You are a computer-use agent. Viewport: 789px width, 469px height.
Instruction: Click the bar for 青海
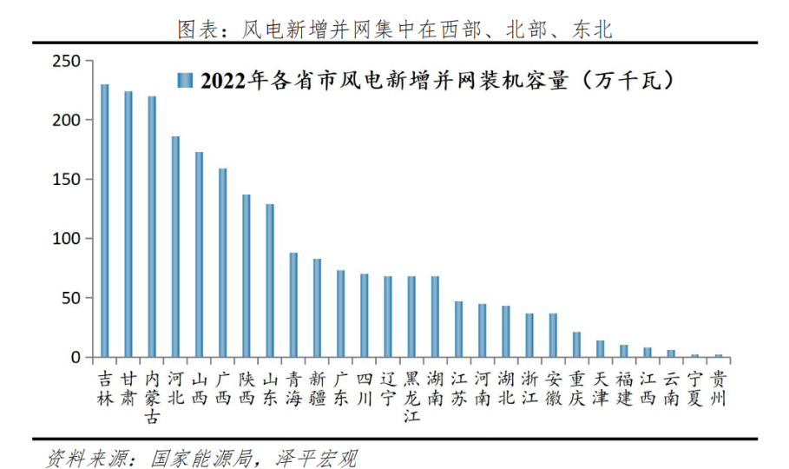click(293, 305)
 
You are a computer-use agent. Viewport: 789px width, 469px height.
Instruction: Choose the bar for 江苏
click(458, 329)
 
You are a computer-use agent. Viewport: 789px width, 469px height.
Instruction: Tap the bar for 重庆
click(576, 345)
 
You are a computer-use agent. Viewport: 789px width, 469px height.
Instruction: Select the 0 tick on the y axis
click(76, 357)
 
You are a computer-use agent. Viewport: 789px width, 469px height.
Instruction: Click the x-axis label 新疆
click(317, 388)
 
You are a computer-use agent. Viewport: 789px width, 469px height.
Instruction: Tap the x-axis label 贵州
click(718, 388)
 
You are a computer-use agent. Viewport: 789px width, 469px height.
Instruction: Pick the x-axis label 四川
click(365, 388)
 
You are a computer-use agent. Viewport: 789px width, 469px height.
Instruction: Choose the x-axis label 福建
click(623, 388)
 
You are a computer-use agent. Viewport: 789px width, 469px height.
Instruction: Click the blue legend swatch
click(184, 81)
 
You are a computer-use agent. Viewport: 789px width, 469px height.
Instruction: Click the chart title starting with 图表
click(394, 30)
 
